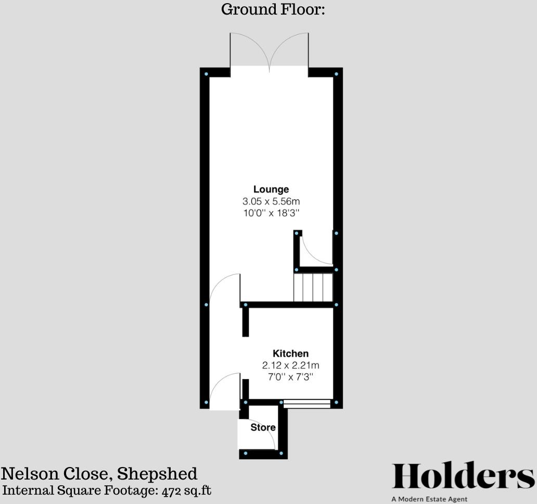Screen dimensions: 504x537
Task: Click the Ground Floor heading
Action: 273,9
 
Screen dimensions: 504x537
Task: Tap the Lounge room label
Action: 271,189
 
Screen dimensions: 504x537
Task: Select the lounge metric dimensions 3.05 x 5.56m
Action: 271,201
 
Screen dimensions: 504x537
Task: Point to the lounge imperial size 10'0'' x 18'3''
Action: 271,213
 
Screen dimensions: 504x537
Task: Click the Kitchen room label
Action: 290,354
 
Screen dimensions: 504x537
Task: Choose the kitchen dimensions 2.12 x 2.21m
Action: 290,365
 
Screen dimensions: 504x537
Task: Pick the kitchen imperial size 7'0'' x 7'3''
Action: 290,376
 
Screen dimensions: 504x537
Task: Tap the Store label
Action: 263,427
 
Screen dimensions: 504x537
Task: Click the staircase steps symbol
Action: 313,287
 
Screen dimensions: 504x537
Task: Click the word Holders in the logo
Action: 463,476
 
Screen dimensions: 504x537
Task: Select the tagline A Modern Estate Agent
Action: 429,499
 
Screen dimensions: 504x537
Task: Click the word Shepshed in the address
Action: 157,474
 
